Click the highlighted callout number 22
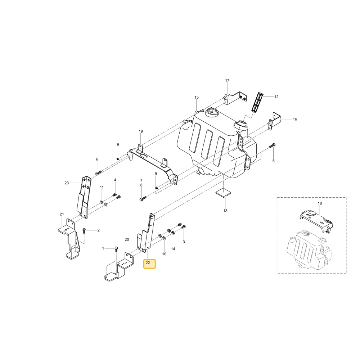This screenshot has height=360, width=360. [148, 263]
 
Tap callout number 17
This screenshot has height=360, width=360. [227, 81]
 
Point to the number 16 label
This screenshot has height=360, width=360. [295, 119]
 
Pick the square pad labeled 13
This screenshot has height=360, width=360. [224, 192]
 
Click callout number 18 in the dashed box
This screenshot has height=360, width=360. [320, 203]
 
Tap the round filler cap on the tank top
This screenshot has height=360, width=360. [213, 113]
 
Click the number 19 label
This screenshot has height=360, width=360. [141, 131]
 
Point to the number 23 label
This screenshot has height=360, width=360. [67, 183]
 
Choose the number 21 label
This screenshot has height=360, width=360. [62, 214]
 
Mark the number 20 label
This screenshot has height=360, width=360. [127, 239]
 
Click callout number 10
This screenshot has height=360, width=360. [164, 254]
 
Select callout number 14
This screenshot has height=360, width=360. [173, 249]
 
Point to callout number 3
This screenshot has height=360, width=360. [184, 242]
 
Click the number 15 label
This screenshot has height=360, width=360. [197, 97]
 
